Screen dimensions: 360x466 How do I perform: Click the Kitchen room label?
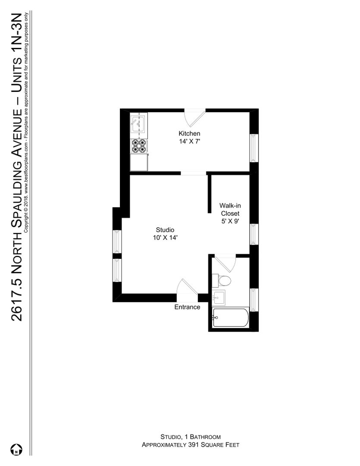[x=189, y=133]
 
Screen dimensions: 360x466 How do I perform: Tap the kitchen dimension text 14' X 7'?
[x=189, y=142]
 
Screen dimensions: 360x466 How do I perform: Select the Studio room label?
[x=165, y=230]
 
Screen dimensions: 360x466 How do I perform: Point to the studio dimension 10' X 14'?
[x=165, y=238]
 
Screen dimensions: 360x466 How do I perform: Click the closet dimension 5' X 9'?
[x=230, y=221]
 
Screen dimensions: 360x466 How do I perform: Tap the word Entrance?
[x=187, y=307]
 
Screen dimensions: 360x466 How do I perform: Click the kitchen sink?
[x=138, y=124]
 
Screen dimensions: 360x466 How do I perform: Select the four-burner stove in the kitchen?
[x=139, y=146]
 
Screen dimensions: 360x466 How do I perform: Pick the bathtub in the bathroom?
[x=231, y=318]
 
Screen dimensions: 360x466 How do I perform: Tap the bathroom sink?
[x=218, y=297]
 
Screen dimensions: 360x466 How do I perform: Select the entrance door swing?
[x=187, y=287]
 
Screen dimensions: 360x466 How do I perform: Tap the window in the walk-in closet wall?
[x=253, y=234]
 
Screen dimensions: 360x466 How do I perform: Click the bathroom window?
[x=253, y=300]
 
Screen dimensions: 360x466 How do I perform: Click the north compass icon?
[x=16, y=449]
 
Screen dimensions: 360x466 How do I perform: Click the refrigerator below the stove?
[x=139, y=162]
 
